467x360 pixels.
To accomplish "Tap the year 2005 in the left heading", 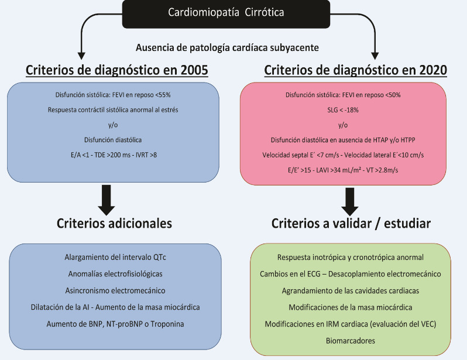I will click(193, 70).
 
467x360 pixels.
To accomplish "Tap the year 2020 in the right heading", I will click(431, 70).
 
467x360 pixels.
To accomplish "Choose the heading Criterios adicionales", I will click(114, 223).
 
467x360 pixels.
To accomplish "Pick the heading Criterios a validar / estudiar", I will click(352, 223).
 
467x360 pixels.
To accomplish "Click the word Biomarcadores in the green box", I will click(351, 340).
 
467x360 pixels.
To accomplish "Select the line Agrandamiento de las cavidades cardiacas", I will click(351, 290).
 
